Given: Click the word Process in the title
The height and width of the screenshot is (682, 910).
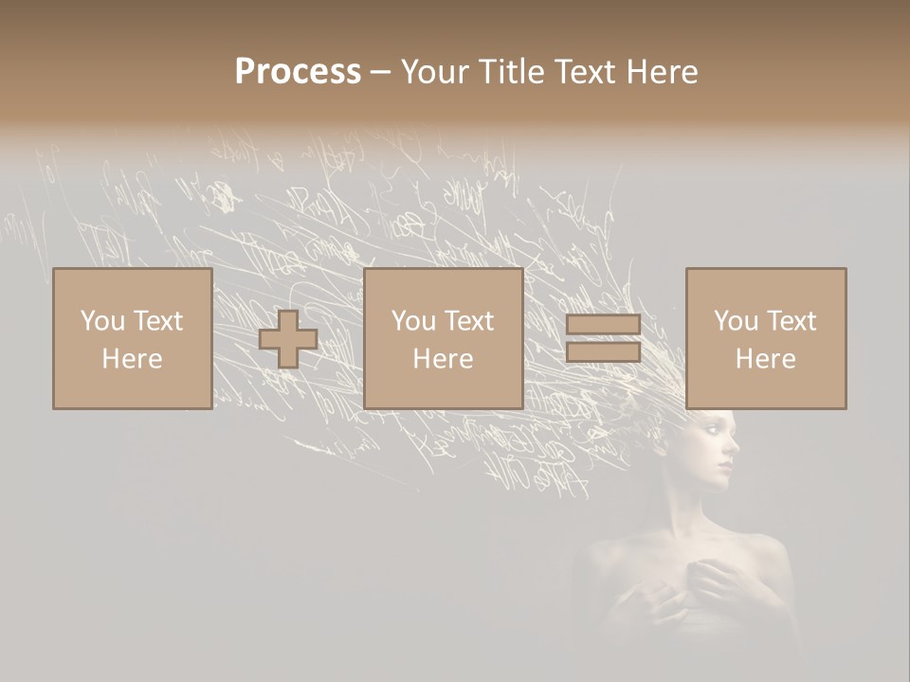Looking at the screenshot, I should (x=298, y=72).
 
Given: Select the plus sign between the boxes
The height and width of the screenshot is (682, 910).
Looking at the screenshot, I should (x=288, y=339).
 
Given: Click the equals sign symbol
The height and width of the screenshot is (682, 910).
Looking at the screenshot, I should (x=603, y=338).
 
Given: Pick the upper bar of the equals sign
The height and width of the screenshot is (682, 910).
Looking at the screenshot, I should (x=603, y=325).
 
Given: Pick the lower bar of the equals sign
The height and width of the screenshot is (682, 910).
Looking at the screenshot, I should (x=603, y=351).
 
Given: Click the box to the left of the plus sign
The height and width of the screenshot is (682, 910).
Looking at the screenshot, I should (x=133, y=338).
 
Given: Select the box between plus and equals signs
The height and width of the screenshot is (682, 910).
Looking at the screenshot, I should (x=444, y=338).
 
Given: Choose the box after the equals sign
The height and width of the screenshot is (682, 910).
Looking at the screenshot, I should (x=766, y=338).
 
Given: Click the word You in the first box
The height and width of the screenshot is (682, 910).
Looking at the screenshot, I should (x=100, y=321).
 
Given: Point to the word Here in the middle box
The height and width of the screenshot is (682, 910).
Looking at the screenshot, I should (x=444, y=359).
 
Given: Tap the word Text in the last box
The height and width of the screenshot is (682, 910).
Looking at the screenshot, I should (x=792, y=321).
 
